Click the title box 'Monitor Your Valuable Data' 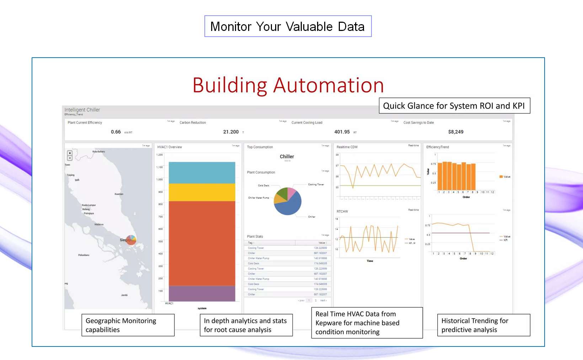[288, 26]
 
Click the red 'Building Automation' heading [288, 85]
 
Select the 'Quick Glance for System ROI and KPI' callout [454, 106]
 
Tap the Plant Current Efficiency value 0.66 [116, 132]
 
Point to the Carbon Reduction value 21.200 [231, 132]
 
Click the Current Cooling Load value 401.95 [342, 132]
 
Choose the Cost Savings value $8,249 [456, 132]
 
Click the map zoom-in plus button [70, 153]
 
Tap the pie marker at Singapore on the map [131, 240]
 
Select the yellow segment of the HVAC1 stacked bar [202, 192]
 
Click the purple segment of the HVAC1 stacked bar [202, 293]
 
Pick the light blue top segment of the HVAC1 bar [202, 173]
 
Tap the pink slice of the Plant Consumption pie [291, 193]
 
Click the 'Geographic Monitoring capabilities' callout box [128, 325]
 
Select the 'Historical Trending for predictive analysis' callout [483, 325]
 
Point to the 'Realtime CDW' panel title [347, 147]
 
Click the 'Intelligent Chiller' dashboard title [82, 110]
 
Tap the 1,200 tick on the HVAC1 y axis [160, 155]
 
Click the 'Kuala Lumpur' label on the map [89, 205]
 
